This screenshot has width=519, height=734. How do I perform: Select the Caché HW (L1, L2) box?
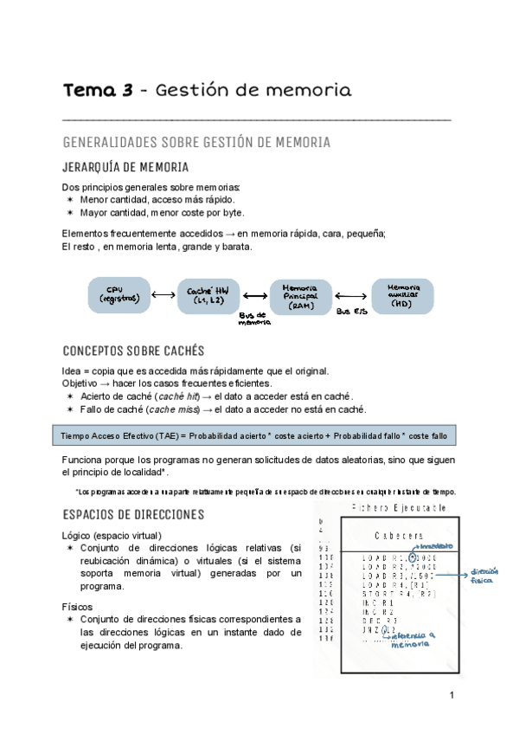207,295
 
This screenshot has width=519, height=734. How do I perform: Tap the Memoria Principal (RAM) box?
300,296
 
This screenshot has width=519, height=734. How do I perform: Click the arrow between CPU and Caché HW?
163,295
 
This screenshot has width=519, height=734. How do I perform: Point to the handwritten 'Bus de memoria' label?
255,320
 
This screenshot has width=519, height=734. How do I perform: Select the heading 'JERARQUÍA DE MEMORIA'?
125,167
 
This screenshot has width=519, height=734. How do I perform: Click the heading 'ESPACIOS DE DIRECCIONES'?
133,514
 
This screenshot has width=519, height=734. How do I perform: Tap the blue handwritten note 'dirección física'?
486,576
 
